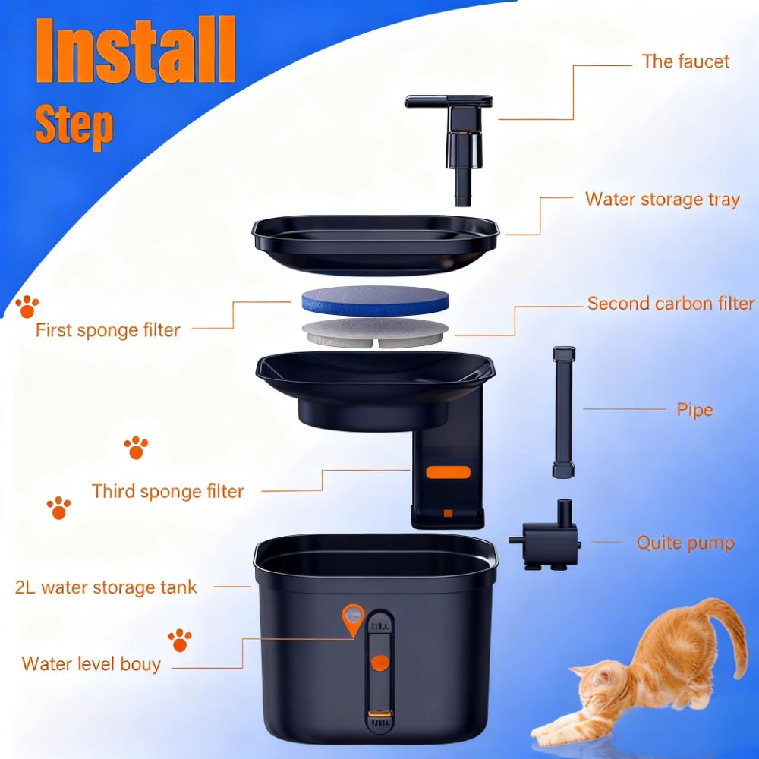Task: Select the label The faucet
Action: (x=685, y=61)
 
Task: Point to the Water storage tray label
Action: (x=662, y=200)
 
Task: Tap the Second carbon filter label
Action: (x=671, y=304)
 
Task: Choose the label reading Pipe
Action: (x=694, y=410)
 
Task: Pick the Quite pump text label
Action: (x=685, y=543)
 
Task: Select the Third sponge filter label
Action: (x=168, y=491)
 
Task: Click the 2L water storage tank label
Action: (x=106, y=587)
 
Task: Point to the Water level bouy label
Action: (x=91, y=664)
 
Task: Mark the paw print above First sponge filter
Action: (x=27, y=306)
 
